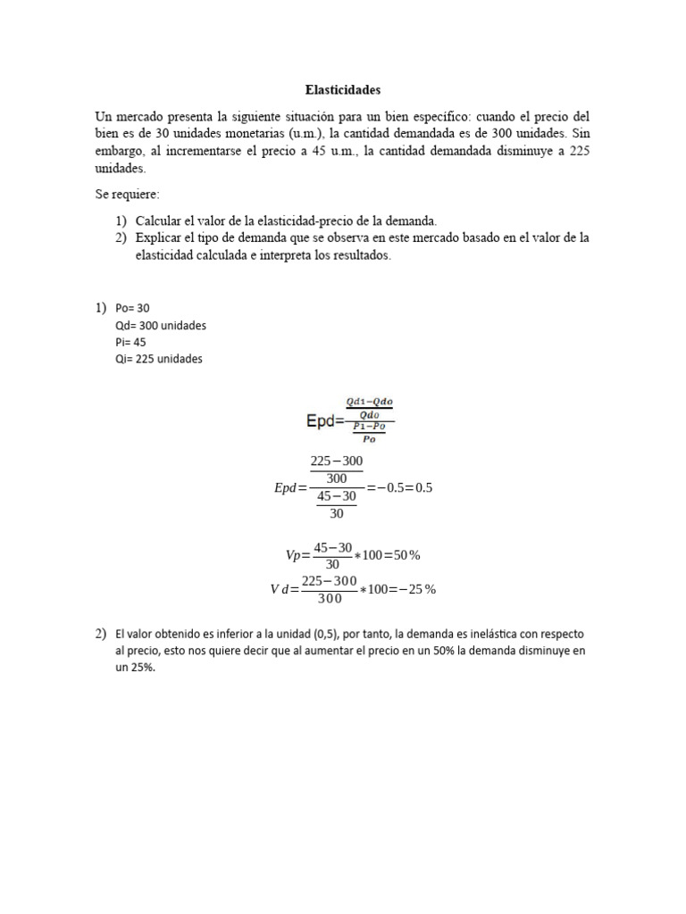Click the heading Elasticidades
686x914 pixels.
pos(343,90)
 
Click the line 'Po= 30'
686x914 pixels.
pos(133,308)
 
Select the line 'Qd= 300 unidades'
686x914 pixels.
pos(161,325)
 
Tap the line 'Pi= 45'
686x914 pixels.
pos(130,342)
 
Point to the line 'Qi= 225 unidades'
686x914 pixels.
pos(159,359)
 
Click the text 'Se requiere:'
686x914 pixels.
pos(127,194)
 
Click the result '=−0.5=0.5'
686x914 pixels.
pos(399,488)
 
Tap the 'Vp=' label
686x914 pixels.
pos(297,555)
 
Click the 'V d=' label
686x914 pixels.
pos(284,589)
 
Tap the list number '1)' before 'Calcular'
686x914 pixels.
pos(120,220)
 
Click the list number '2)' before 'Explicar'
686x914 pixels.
pos(120,237)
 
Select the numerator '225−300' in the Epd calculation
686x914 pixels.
pos(336,461)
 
